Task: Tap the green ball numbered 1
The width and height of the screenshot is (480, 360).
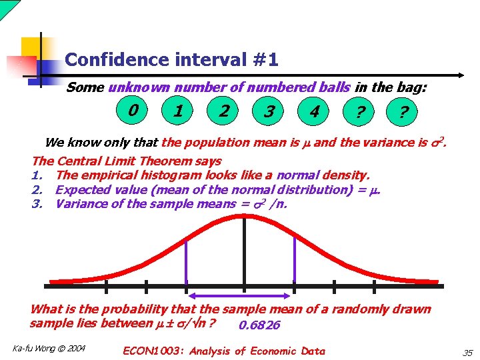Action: click(179, 111)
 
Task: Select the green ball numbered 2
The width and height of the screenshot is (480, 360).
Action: click(224, 111)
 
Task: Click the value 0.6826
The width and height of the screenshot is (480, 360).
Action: click(259, 325)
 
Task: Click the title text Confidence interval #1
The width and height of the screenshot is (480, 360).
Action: click(171, 60)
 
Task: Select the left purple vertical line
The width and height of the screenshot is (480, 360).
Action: click(186, 261)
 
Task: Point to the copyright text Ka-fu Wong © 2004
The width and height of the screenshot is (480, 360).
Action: click(49, 348)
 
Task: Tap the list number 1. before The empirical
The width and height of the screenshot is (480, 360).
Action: click(37, 175)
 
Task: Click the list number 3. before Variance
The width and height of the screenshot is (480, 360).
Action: click(37, 203)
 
